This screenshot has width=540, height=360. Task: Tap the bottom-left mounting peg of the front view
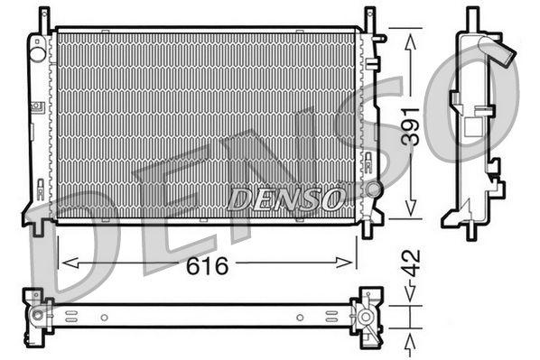tap(38, 226)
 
